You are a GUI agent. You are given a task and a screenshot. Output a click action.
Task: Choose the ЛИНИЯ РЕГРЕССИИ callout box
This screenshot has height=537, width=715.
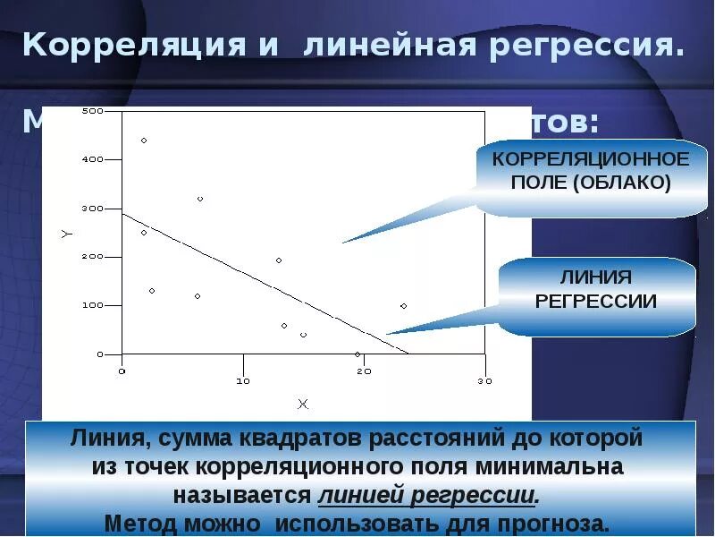595,289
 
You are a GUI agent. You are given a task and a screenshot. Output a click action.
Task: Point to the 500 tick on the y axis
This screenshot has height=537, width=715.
92,111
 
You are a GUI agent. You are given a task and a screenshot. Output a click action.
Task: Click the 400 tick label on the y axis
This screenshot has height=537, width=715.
92,159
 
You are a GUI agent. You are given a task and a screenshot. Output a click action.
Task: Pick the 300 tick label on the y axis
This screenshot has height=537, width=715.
92,209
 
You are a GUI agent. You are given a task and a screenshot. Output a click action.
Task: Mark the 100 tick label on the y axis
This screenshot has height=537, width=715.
92,306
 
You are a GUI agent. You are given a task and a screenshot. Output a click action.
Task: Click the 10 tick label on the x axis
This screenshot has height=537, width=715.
243,380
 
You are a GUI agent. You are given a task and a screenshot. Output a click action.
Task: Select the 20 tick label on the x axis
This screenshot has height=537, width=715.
364,380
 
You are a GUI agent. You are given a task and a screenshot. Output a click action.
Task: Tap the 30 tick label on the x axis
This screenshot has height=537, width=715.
484,380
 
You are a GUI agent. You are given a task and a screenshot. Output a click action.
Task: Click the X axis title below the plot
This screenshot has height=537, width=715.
302,404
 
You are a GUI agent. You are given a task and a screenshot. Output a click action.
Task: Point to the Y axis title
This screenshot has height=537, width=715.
66,234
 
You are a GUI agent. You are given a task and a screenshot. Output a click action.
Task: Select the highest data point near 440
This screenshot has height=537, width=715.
144,141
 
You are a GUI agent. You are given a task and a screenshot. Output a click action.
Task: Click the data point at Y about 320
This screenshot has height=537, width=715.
200,199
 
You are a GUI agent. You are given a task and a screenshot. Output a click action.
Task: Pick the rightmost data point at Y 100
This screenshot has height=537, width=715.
403,306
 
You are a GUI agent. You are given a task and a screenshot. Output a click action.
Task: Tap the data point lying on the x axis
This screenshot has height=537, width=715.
357,354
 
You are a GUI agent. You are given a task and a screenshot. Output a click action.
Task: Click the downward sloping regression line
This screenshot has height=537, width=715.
268,283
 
